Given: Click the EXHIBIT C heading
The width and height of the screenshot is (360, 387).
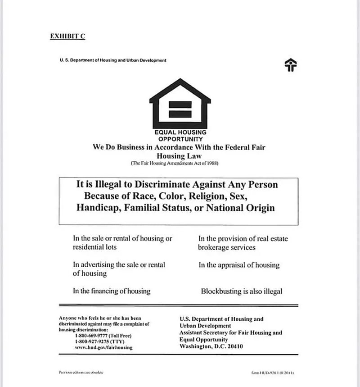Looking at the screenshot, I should tap(67, 36).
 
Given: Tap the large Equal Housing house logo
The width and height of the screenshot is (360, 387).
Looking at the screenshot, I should tap(180, 104).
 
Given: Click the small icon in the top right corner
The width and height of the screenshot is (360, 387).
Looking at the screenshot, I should tap(291, 65).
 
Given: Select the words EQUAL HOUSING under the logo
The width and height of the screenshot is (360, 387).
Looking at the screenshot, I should tap(180, 132).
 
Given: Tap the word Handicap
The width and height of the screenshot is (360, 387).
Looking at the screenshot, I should tap(99, 208).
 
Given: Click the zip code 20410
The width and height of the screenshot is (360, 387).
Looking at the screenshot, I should tap(233, 346).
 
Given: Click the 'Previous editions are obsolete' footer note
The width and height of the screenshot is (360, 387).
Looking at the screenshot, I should tap(81, 373).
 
